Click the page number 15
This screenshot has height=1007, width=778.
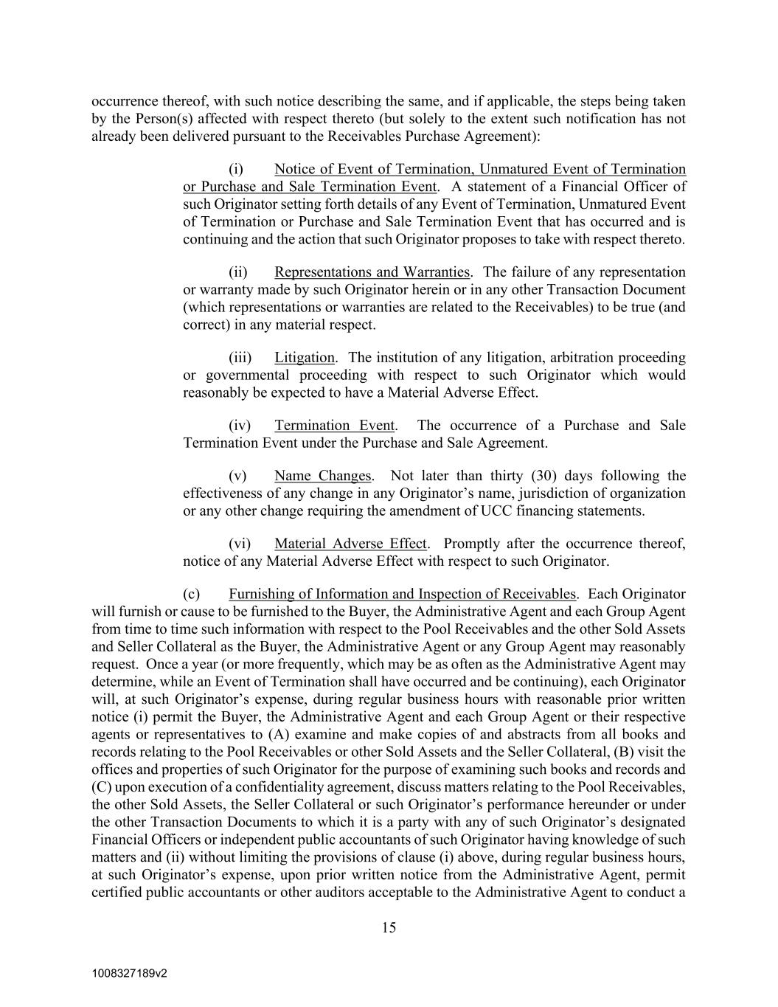389,928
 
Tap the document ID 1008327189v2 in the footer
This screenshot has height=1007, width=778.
130,973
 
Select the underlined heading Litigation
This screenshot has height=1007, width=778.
305,358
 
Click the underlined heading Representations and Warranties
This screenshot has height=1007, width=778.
372,272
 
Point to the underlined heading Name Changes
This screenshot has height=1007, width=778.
323,476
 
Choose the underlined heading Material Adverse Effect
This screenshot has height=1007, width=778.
350,544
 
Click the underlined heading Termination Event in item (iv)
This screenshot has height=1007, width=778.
335,426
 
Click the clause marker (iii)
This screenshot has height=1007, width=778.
240,358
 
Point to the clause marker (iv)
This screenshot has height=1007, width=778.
240,426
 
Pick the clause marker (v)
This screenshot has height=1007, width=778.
237,476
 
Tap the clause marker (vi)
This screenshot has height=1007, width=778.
240,544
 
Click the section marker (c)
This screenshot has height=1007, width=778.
192,594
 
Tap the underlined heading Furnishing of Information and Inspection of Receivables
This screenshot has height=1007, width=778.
402,594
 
